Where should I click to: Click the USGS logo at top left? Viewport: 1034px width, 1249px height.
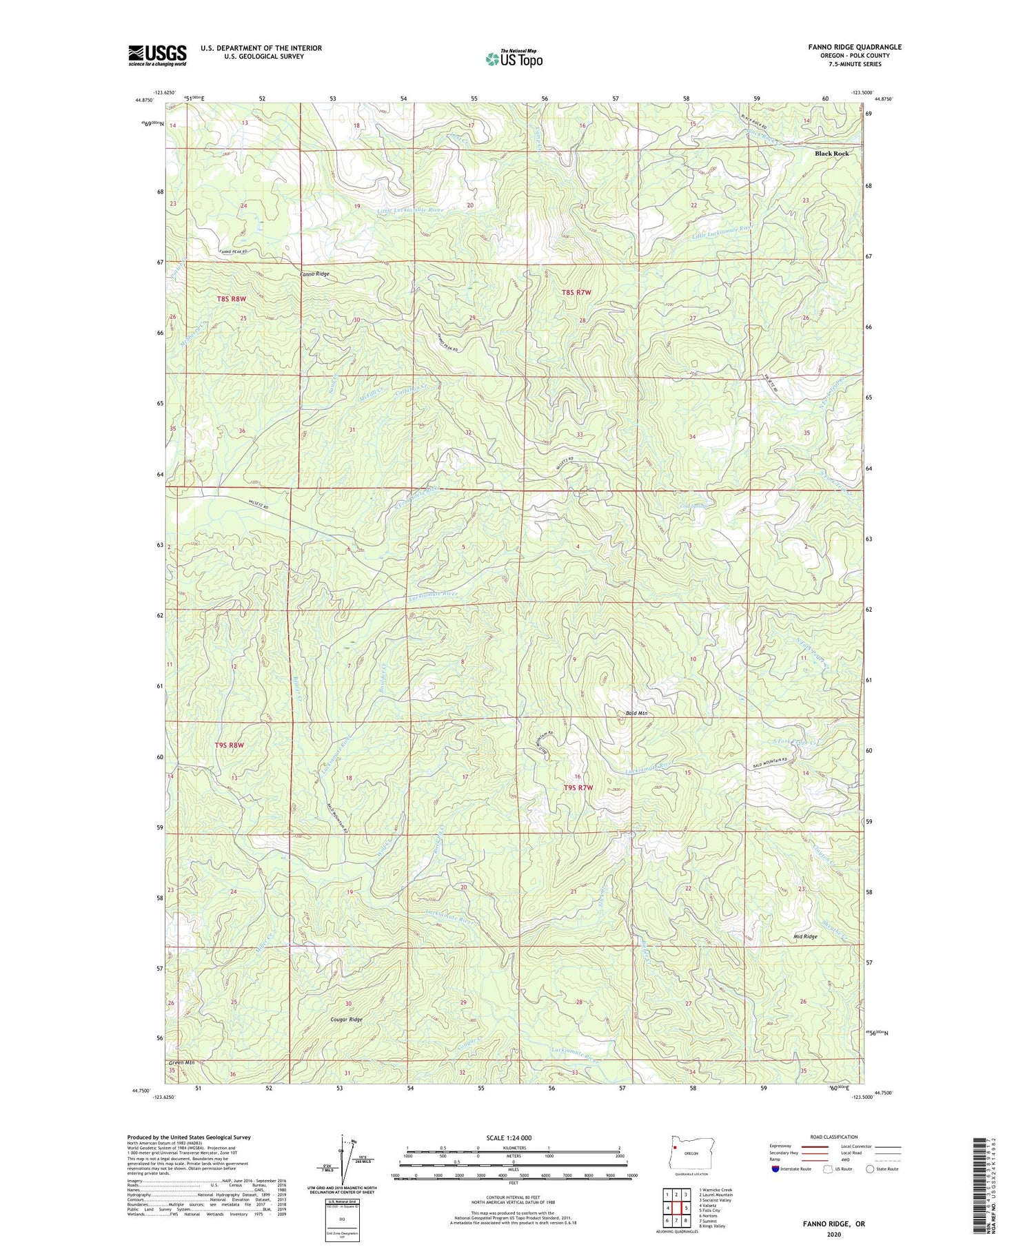157,55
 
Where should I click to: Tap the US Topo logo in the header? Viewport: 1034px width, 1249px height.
514,59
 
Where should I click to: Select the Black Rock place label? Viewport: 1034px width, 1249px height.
831,154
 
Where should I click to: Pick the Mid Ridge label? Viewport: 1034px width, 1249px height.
805,937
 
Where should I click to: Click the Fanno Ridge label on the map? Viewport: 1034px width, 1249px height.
314,274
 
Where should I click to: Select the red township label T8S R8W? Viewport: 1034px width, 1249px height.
231,299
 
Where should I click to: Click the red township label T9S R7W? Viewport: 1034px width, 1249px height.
578,787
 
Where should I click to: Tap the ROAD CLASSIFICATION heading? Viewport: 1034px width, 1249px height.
834,1137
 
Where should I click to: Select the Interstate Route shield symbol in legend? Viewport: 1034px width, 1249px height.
776,1169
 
